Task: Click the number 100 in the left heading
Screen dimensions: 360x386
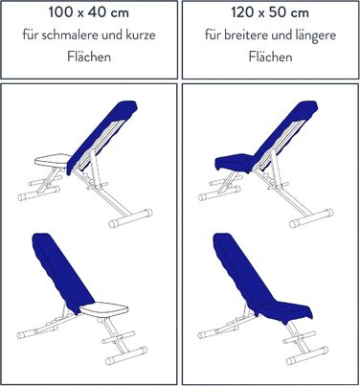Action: (60, 12)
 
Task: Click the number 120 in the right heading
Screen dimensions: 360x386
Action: (242, 12)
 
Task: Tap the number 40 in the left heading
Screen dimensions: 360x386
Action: (97, 12)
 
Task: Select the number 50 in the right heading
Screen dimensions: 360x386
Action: (279, 12)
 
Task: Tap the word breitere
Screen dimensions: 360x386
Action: (246, 34)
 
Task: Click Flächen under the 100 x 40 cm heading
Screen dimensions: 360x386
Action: (89, 57)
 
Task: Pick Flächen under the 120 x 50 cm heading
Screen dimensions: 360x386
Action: (271, 57)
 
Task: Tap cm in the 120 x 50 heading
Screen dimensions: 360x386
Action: (300, 13)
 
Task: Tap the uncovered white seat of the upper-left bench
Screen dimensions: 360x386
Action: (53, 160)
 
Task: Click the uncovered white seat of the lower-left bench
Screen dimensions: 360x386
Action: (104, 309)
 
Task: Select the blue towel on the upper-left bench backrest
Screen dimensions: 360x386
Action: (102, 136)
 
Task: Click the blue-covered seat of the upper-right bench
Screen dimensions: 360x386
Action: (235, 162)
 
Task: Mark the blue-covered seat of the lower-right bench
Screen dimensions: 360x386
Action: (285, 309)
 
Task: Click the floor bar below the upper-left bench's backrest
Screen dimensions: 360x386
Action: (130, 218)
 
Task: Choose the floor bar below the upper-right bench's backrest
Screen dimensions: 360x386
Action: (311, 218)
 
